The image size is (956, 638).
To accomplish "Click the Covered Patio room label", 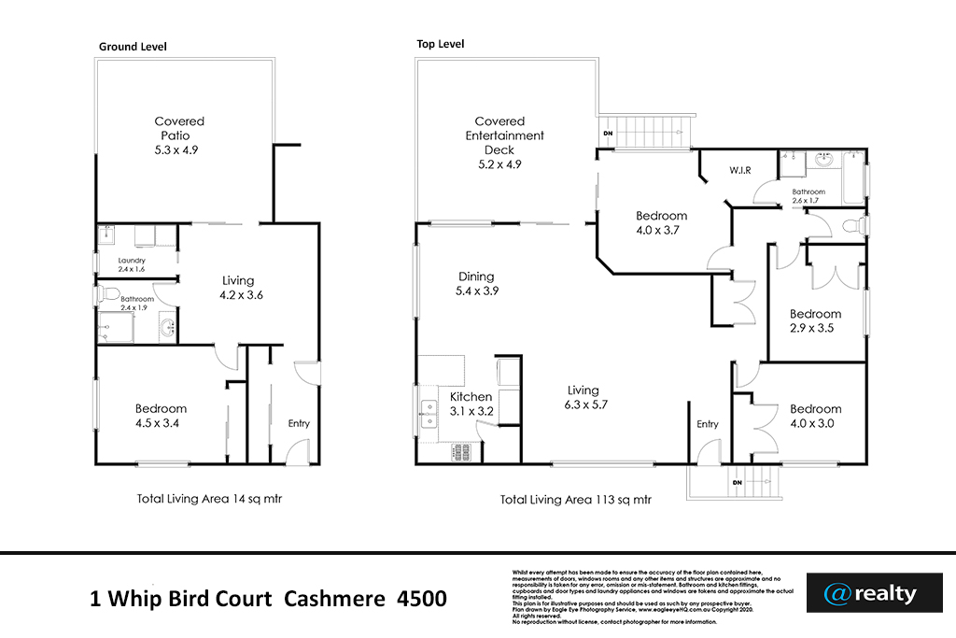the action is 179,135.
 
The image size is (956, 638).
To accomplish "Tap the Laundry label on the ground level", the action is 132,261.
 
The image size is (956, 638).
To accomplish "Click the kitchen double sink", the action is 430,412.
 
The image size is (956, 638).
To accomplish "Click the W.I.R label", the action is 740,169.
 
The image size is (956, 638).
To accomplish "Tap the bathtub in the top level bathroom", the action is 855,178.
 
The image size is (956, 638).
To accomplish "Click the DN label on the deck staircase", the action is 608,134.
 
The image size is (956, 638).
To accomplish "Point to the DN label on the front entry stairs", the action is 738,482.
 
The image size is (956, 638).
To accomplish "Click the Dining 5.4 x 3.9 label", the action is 476,284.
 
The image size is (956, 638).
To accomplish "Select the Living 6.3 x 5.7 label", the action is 583,398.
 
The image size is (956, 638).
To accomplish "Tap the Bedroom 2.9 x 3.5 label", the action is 815,321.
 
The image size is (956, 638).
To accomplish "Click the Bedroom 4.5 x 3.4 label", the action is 161,416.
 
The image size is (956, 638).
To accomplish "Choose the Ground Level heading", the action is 133,47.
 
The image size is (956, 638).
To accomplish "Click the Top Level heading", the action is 440,44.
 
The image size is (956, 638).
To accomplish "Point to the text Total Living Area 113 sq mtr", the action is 575,500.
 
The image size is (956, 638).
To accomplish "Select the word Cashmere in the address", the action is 330,598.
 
